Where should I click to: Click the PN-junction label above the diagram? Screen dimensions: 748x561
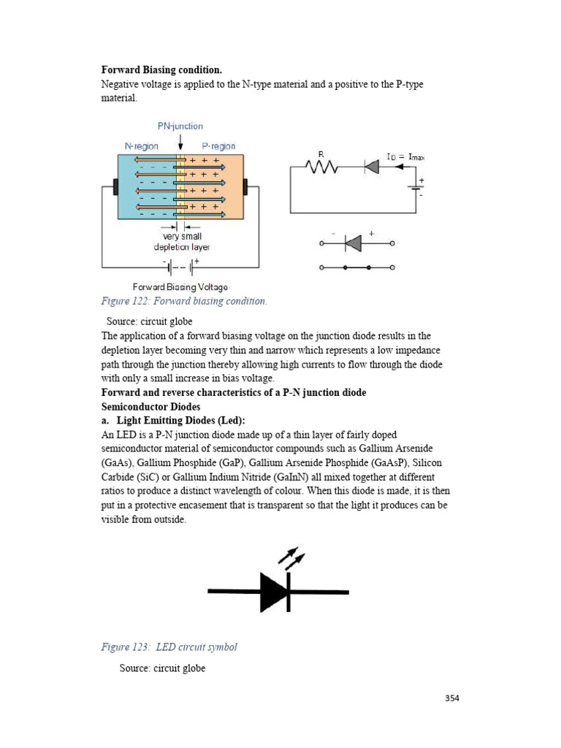tap(179, 126)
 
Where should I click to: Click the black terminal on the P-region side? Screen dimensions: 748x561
tap(246, 186)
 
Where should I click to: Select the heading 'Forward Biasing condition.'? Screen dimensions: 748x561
tap(161, 70)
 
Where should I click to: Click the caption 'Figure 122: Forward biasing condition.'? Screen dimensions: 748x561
tap(184, 300)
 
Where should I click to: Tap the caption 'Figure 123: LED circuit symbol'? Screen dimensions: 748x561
tap(169, 646)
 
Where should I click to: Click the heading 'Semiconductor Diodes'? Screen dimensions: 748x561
tap(150, 406)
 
